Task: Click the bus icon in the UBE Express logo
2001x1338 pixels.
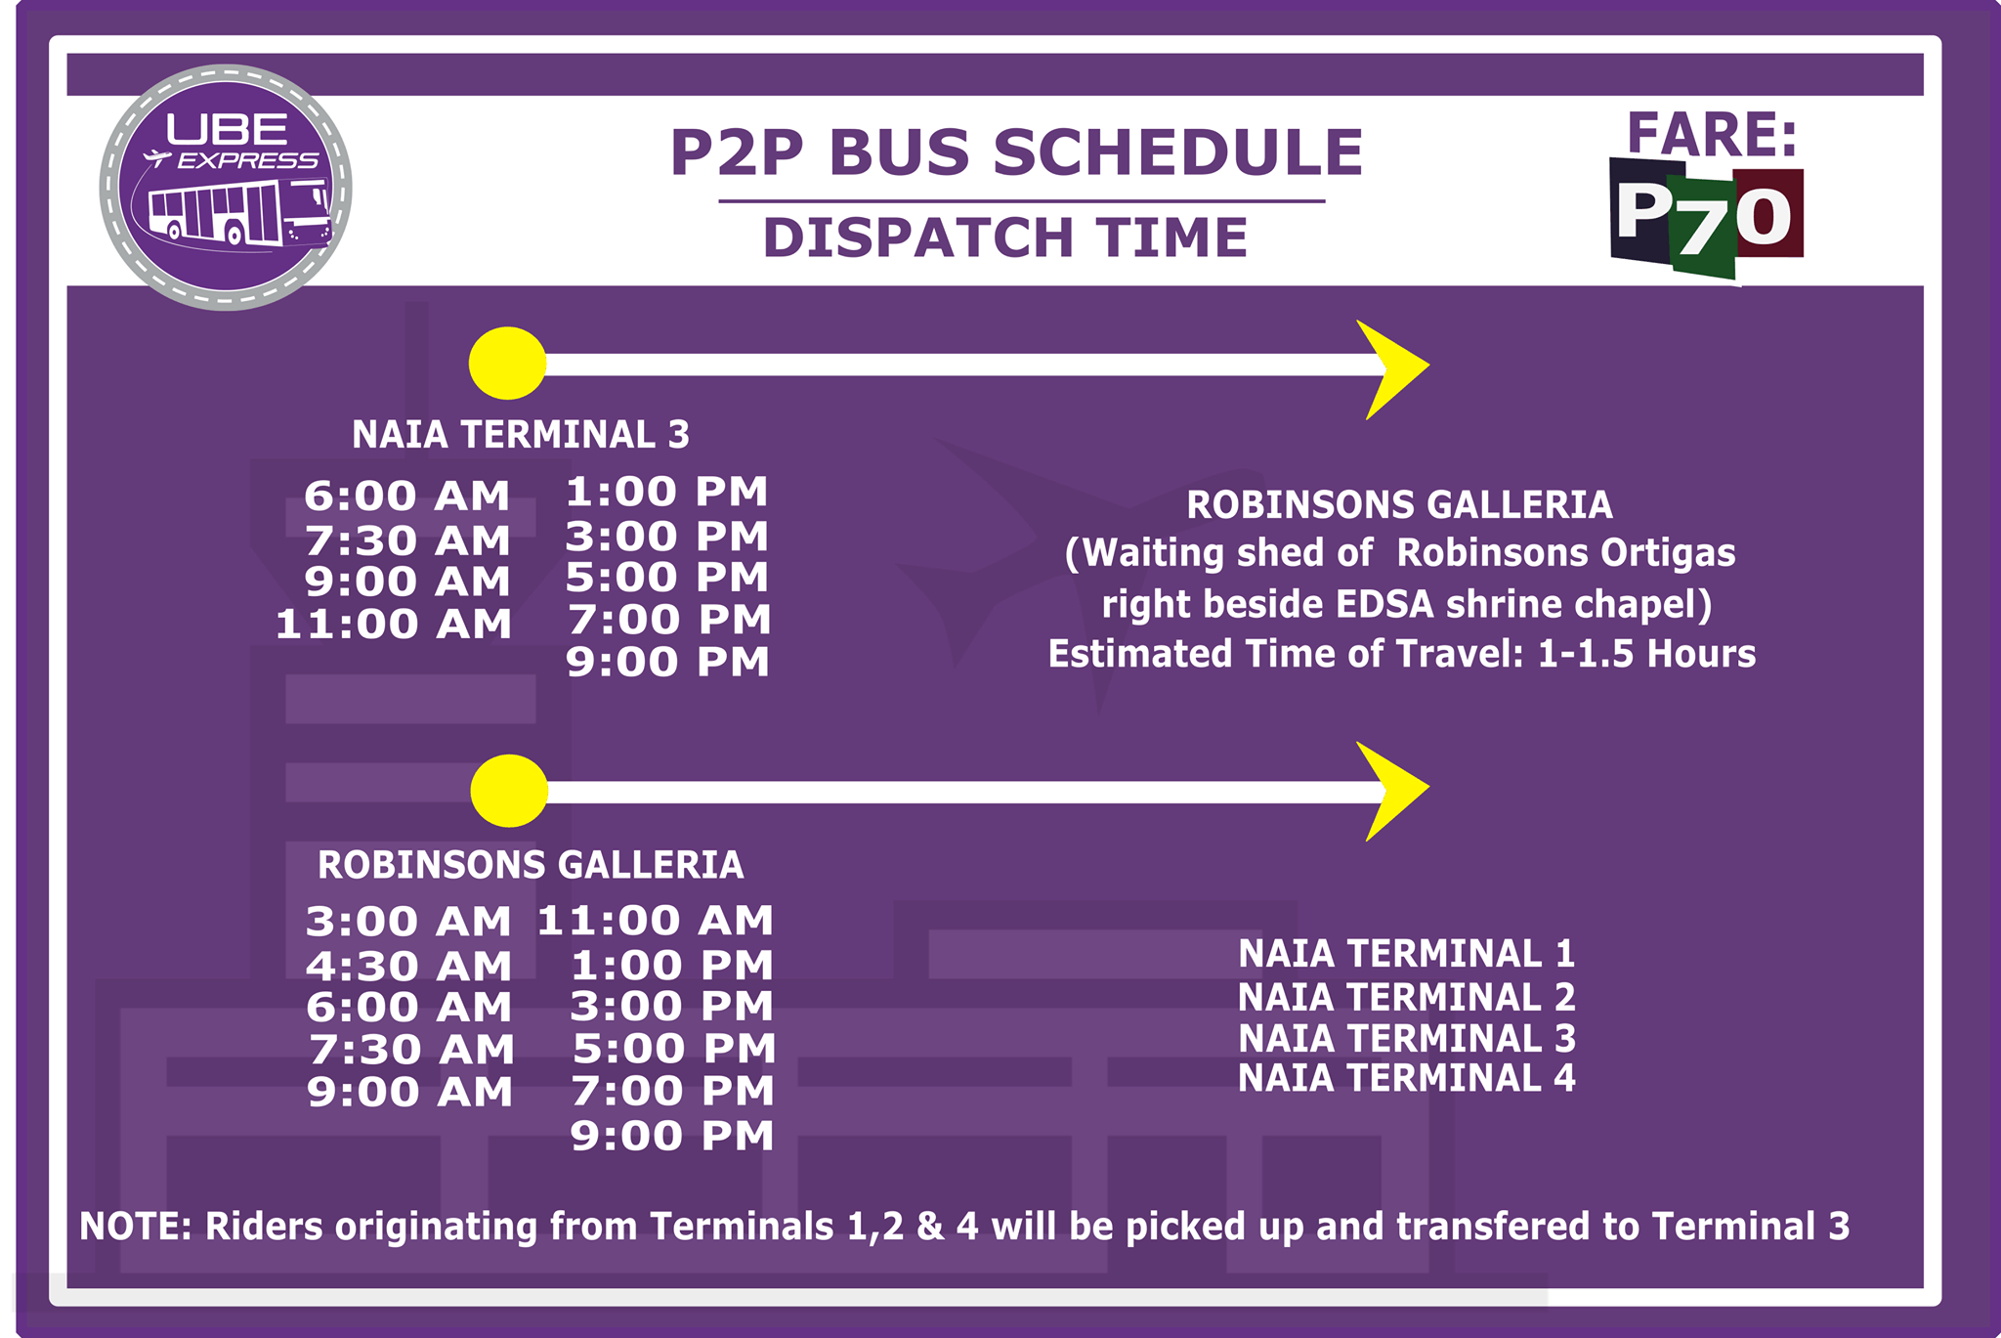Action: coord(240,213)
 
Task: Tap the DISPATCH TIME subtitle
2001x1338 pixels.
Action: coord(1005,237)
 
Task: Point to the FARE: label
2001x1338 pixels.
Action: coord(1712,134)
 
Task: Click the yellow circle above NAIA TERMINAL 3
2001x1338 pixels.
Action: coord(508,364)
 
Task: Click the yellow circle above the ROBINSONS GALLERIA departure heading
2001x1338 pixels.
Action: coord(509,791)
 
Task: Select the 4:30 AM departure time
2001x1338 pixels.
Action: coord(408,967)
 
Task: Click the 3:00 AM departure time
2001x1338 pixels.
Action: coord(408,922)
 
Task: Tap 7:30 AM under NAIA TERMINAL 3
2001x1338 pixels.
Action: coord(407,540)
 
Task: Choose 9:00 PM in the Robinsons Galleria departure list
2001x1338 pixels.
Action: coord(672,1136)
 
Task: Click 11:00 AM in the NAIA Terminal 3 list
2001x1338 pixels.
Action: coord(394,625)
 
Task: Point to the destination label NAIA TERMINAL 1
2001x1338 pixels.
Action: coord(1407,954)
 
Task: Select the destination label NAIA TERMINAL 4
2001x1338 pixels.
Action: coord(1407,1078)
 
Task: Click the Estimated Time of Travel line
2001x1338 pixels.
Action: coord(1402,654)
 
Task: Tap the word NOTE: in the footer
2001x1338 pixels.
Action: coord(136,1227)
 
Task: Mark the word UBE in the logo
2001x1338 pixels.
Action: coord(227,129)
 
